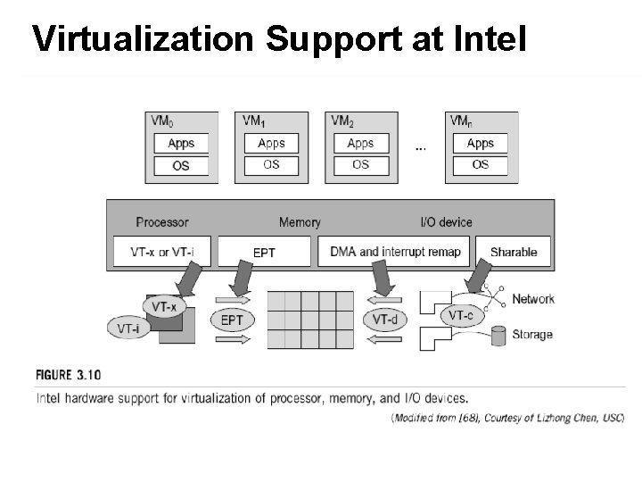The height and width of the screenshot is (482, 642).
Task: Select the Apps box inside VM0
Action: click(181, 143)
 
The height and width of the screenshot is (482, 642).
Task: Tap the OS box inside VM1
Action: click(271, 164)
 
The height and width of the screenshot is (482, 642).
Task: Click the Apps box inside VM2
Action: click(360, 143)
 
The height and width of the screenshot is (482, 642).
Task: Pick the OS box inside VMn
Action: click(480, 164)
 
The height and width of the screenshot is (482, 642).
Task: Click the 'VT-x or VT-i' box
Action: click(161, 252)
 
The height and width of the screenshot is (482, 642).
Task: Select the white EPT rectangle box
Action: click(265, 253)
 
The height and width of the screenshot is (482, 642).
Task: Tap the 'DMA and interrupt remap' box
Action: click(395, 252)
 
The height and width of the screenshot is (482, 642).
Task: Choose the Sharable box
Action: click(514, 252)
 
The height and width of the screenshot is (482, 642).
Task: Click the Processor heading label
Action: click(162, 222)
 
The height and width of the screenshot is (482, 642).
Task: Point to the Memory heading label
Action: click(300, 222)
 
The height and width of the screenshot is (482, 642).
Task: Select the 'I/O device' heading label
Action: click(446, 222)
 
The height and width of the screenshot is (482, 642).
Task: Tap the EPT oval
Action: click(232, 320)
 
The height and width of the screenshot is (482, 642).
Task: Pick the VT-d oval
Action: click(385, 320)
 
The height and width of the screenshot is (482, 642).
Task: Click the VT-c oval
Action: click(461, 315)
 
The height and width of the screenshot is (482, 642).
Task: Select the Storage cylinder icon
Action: click(498, 335)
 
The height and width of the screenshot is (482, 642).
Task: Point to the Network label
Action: click(533, 299)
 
